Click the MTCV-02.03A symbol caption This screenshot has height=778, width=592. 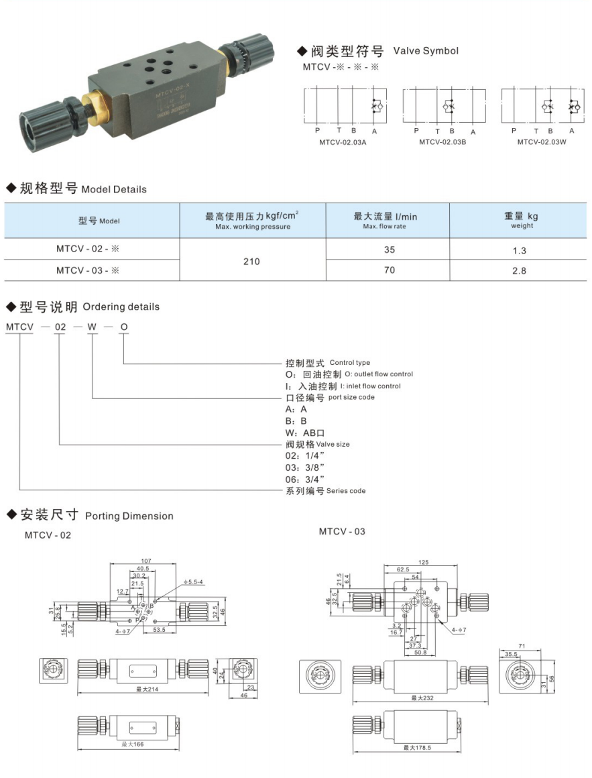342,142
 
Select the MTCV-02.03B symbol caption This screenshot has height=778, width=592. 442,142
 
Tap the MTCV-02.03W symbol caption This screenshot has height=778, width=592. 542,142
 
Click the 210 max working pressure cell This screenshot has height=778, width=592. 251,261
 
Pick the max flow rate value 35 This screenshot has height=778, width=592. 390,249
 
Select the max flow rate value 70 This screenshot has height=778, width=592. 390,270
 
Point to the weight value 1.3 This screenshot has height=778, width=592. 519,251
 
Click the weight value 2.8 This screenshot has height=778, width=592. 519,271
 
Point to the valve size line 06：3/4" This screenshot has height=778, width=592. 305,478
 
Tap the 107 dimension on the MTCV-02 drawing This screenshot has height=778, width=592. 147,561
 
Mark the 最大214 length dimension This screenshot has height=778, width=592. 145,689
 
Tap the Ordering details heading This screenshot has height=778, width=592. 121,307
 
